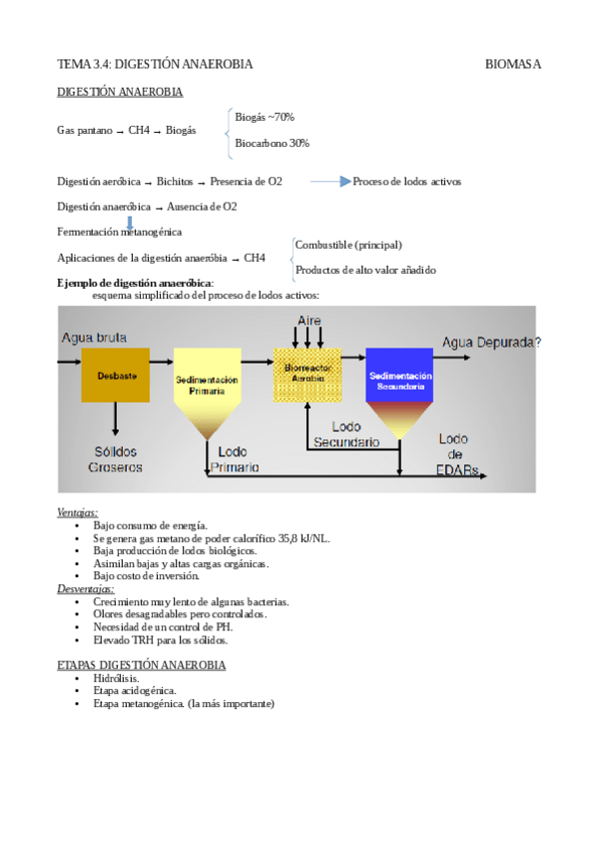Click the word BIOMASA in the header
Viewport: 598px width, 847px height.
pyautogui.click(x=512, y=64)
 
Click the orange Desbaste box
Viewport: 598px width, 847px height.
pyautogui.click(x=116, y=375)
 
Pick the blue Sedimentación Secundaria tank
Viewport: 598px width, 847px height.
pyautogui.click(x=399, y=380)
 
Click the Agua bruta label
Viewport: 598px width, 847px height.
pyautogui.click(x=95, y=338)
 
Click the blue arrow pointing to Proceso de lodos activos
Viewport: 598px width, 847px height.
pyautogui.click(x=330, y=182)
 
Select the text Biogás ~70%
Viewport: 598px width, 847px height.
pyautogui.click(x=264, y=117)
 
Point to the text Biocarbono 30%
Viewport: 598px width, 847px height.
pyautogui.click(x=272, y=143)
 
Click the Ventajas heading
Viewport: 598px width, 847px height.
pyautogui.click(x=77, y=511)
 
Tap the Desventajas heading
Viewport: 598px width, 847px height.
pyautogui.click(x=85, y=589)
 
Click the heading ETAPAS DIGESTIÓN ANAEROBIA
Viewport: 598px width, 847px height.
pyautogui.click(x=141, y=664)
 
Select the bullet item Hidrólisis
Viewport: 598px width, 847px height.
pyautogui.click(x=116, y=677)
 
